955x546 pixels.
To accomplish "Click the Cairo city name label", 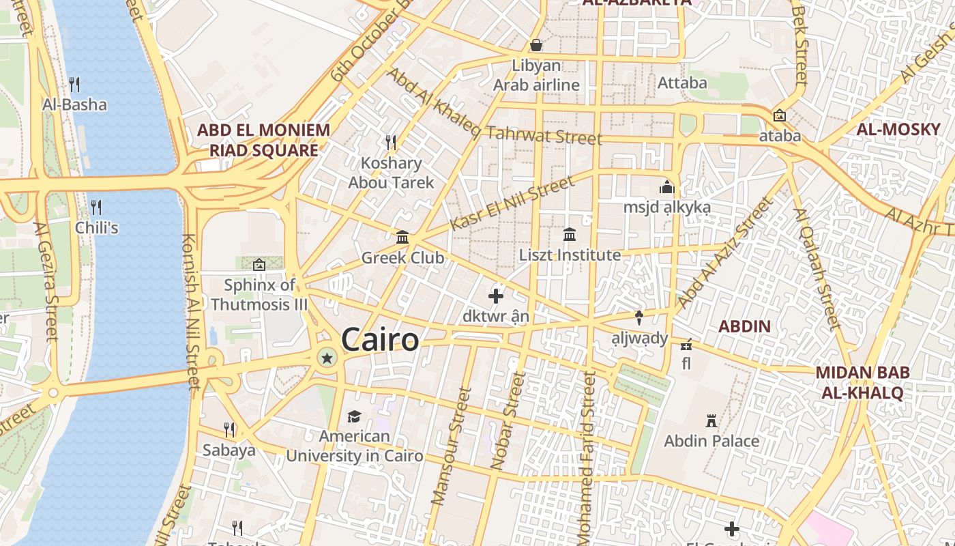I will click(x=380, y=339).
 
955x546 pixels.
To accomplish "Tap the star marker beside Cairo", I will click(x=327, y=358).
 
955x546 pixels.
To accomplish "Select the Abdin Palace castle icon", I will click(x=711, y=420).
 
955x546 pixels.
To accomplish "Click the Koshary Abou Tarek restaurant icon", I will click(x=391, y=142).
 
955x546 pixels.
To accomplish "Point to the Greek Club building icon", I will click(x=402, y=238).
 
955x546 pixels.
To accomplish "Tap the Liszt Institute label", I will click(x=570, y=255).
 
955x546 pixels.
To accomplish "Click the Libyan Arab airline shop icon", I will click(x=536, y=45).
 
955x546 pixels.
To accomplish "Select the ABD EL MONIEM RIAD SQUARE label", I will click(x=263, y=140).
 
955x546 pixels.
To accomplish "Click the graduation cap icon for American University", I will click(x=354, y=416).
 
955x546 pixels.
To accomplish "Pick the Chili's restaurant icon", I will click(x=96, y=207).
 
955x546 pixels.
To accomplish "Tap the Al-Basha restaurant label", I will click(x=74, y=104).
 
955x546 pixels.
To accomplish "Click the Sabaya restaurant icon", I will click(x=229, y=429).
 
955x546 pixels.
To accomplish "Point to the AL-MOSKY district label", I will click(x=898, y=130).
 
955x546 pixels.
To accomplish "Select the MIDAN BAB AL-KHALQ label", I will click(x=863, y=382).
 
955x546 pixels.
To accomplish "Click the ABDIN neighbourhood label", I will click(x=744, y=326).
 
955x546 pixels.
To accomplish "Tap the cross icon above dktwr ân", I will click(x=496, y=296).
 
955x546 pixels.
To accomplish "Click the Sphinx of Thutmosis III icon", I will click(x=259, y=265).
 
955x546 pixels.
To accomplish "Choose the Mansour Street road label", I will click(x=452, y=447).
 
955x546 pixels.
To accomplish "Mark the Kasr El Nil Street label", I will click(x=512, y=203).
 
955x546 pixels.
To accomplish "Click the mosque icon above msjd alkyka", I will click(x=666, y=186).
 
